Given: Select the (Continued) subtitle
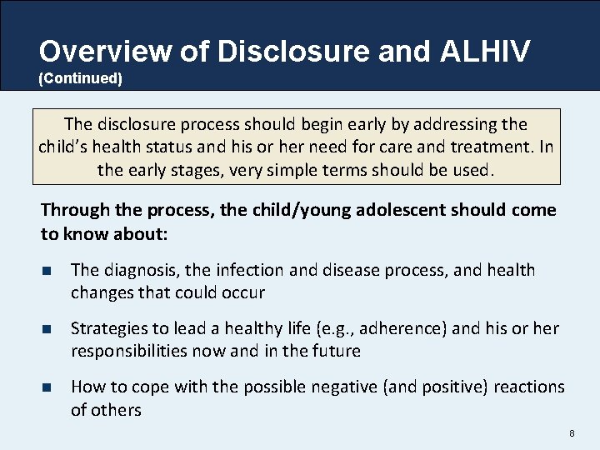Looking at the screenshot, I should click(x=80, y=79).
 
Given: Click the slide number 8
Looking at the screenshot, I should click(x=572, y=433).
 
